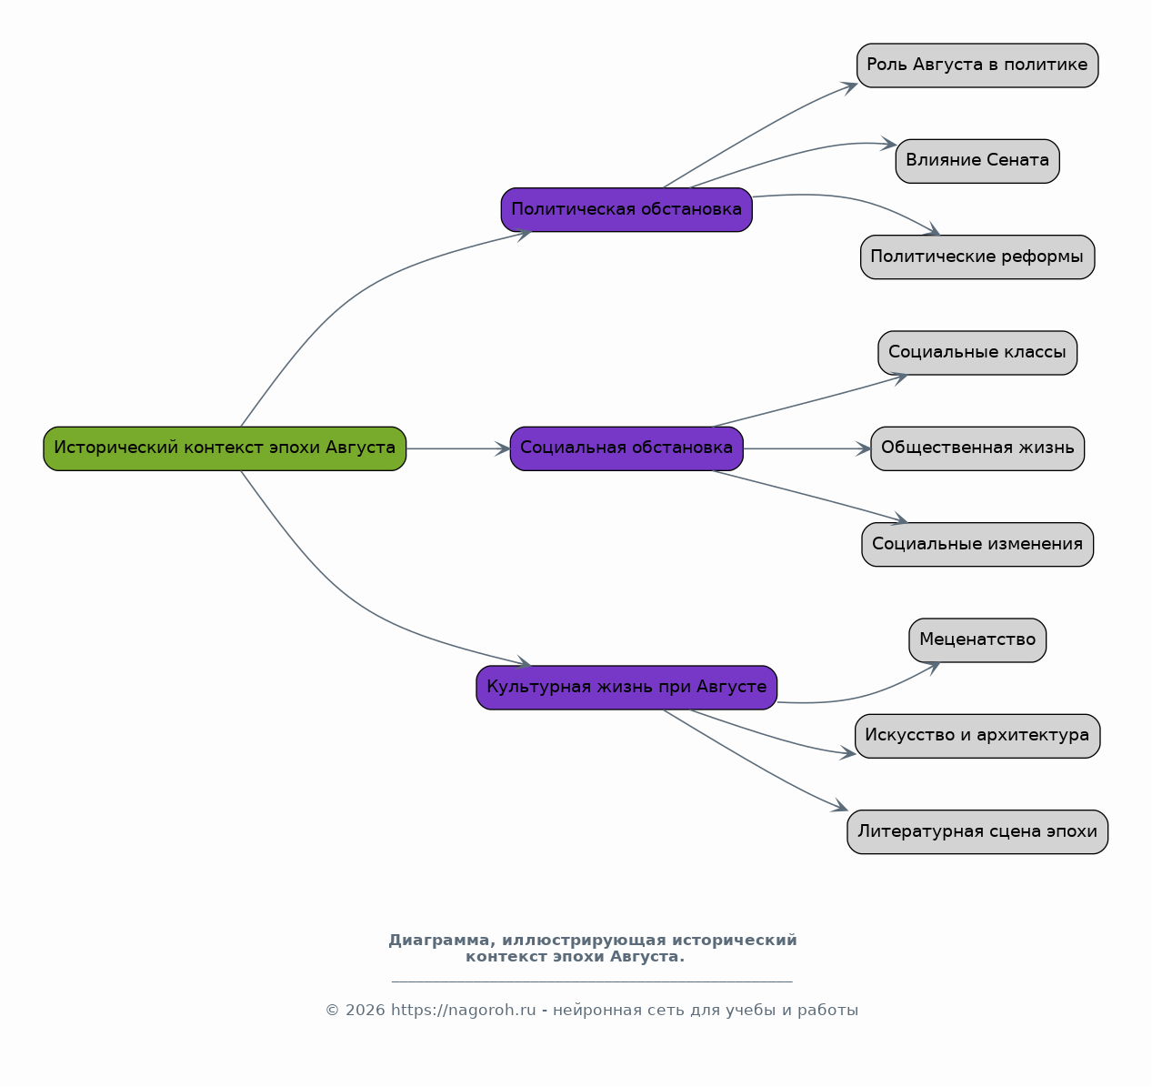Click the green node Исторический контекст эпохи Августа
pyautogui.click(x=225, y=448)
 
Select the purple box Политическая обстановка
pyautogui.click(x=626, y=209)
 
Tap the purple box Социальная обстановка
pyautogui.click(x=626, y=448)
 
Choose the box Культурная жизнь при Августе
pyautogui.click(x=626, y=688)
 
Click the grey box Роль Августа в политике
pyautogui.click(x=977, y=65)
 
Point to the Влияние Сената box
pyautogui.click(x=977, y=161)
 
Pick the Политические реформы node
pyautogui.click(x=977, y=257)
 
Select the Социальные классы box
pyautogui.click(x=977, y=353)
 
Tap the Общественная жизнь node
pyautogui.click(x=977, y=448)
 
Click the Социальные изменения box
pyautogui.click(x=977, y=544)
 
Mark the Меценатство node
pyautogui.click(x=977, y=640)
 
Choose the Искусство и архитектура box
pyautogui.click(x=977, y=736)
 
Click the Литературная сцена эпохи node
pyautogui.click(x=977, y=831)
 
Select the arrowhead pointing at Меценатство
pyautogui.click(x=933, y=668)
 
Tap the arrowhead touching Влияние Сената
pyautogui.click(x=889, y=144)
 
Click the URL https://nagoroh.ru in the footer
pyautogui.click(x=464, y=1011)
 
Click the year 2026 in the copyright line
pyautogui.click(x=366, y=1011)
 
